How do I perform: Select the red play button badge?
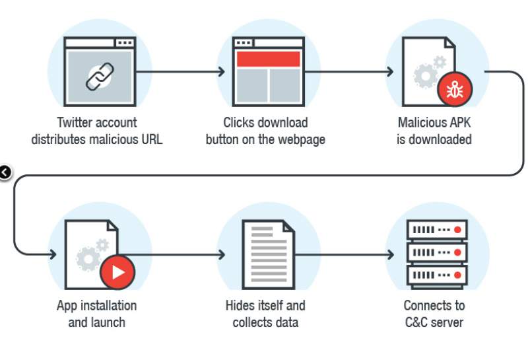pos(117,273)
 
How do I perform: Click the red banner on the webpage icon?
pos(268,59)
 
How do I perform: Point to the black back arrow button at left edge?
pos(5,173)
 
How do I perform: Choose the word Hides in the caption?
pos(240,306)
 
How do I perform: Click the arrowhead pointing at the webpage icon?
pos(221,71)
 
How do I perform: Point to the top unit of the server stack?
pos(435,231)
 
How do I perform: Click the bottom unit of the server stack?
pos(435,274)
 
